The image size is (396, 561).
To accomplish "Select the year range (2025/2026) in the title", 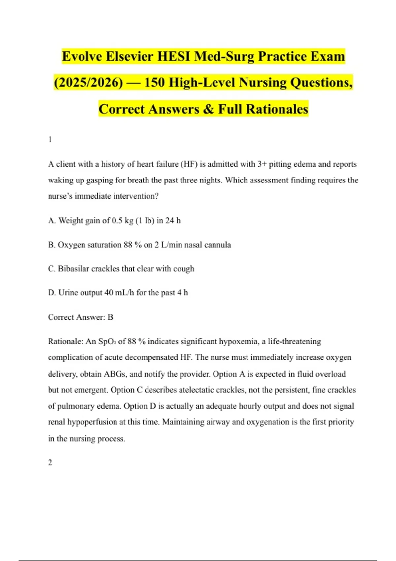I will click(88, 82).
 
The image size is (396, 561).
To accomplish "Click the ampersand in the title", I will click(208, 109).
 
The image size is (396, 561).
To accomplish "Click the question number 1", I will click(50, 140).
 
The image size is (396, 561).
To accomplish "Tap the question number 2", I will click(50, 463).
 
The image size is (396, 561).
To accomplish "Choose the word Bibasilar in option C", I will click(73, 269).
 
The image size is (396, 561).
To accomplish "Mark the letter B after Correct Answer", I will click(110, 317).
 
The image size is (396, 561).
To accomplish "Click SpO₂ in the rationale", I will click(107, 342).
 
